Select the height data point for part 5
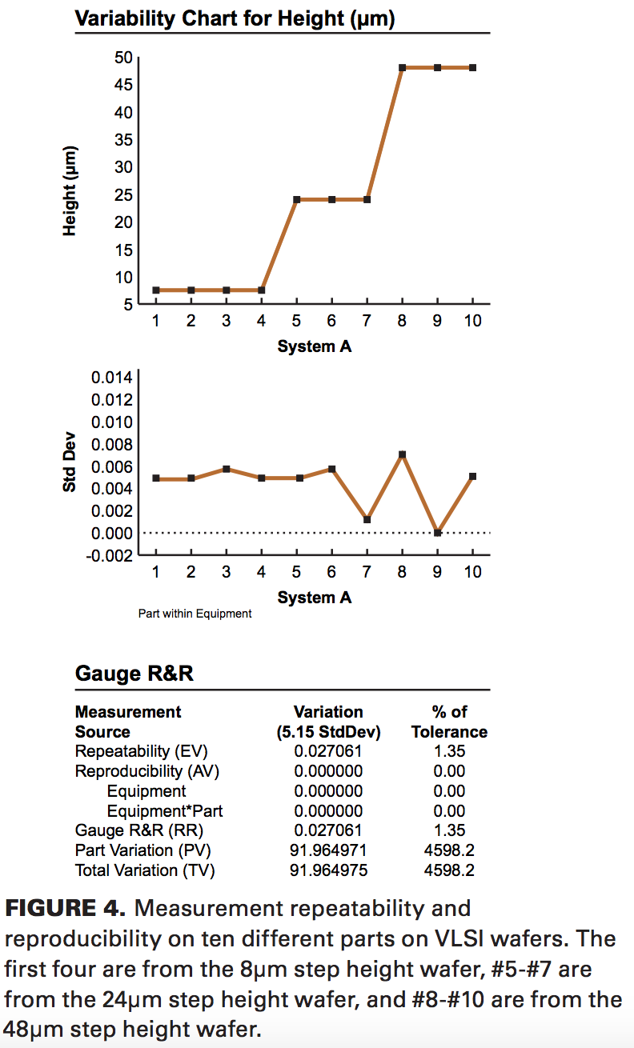(x=296, y=199)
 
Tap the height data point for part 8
(x=402, y=68)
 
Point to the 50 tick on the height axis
(x=122, y=58)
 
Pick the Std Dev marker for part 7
(x=367, y=520)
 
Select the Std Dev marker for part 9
(x=437, y=533)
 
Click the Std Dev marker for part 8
(x=402, y=454)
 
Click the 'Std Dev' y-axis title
(x=70, y=466)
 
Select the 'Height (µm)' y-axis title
(x=70, y=191)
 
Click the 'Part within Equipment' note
(x=195, y=614)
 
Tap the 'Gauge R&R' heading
(x=134, y=674)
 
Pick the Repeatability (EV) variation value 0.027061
(x=328, y=751)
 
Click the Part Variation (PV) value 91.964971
(x=328, y=850)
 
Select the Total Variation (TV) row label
(x=145, y=870)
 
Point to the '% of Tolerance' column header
(x=448, y=722)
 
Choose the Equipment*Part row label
(x=165, y=811)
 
